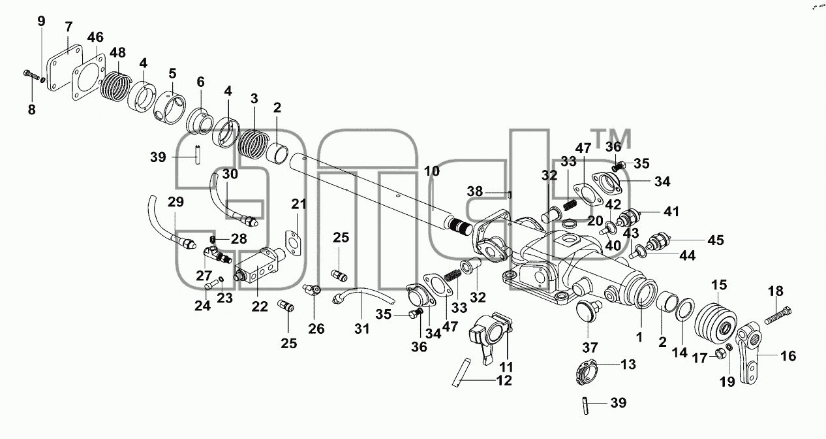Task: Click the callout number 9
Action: click(x=41, y=22)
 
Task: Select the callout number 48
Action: click(x=117, y=52)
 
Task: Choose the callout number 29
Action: click(x=176, y=202)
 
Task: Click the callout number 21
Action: click(x=299, y=204)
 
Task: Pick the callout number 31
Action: click(x=361, y=329)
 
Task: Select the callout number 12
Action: click(x=504, y=380)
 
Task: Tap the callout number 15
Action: click(x=719, y=285)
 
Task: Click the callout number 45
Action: click(x=716, y=240)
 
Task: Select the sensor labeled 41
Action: click(x=629, y=217)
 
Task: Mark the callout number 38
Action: click(x=475, y=191)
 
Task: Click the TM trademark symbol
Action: click(x=611, y=138)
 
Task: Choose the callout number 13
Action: click(x=628, y=365)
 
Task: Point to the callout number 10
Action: click(x=432, y=171)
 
